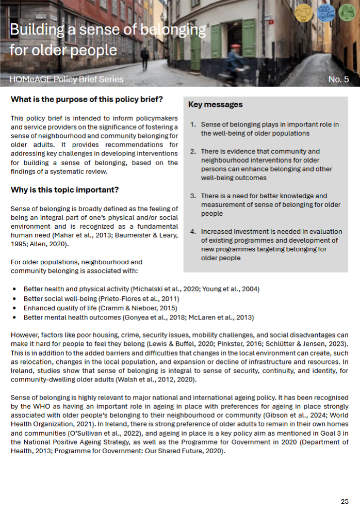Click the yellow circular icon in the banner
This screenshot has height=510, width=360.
coord(303,12)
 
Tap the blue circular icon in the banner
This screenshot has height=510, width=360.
coord(326,12)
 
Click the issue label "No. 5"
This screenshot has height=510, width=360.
coord(338,79)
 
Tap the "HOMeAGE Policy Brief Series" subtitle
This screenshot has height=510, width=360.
coord(67,79)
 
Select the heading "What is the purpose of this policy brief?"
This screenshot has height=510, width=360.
coord(87,99)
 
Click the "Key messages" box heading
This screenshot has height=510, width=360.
coord(215,105)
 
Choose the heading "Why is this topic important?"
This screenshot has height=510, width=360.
coord(64,190)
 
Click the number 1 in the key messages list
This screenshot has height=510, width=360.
coord(193,124)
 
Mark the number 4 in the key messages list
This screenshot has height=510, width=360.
coord(193,232)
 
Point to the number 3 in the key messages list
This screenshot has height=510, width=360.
coord(193,196)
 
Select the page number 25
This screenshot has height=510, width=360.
coord(345,501)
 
